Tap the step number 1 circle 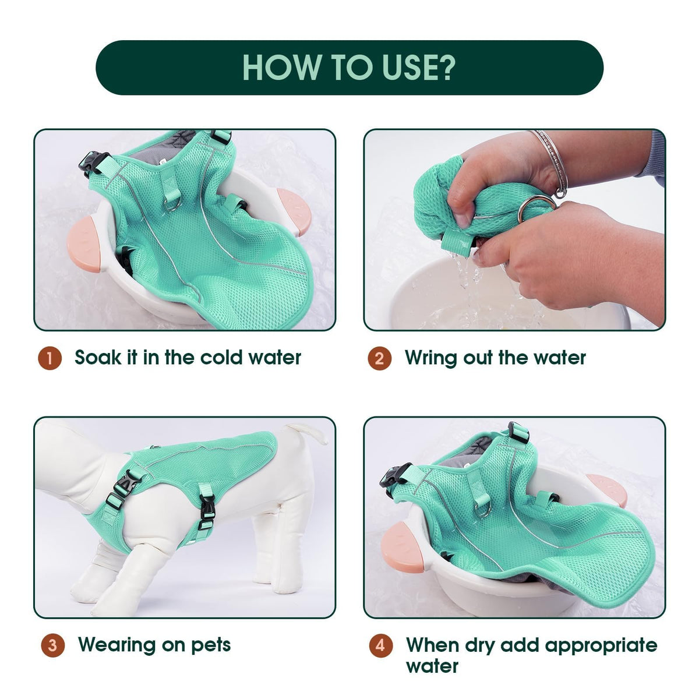pyautogui.click(x=50, y=358)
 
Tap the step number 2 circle pyautogui.click(x=379, y=358)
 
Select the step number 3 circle pyautogui.click(x=53, y=645)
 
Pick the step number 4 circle pyautogui.click(x=380, y=645)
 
